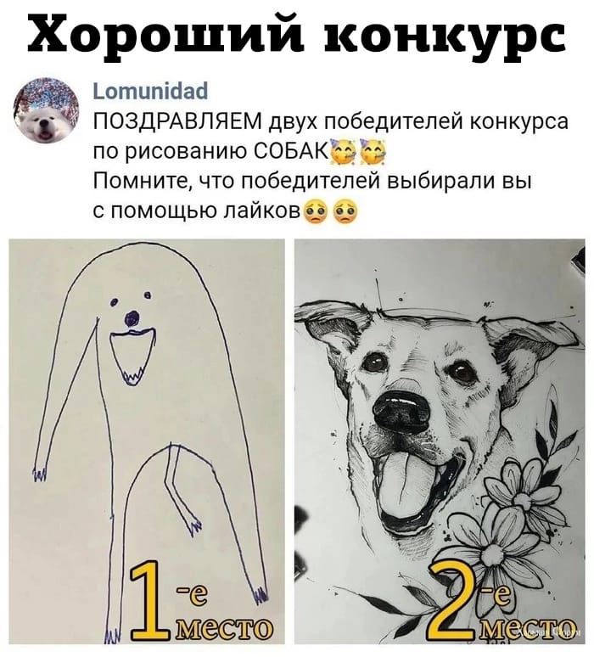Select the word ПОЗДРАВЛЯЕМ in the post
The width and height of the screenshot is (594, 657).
click(179, 125)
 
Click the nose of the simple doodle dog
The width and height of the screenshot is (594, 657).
click(130, 319)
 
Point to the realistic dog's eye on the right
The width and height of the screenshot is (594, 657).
click(462, 371)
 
